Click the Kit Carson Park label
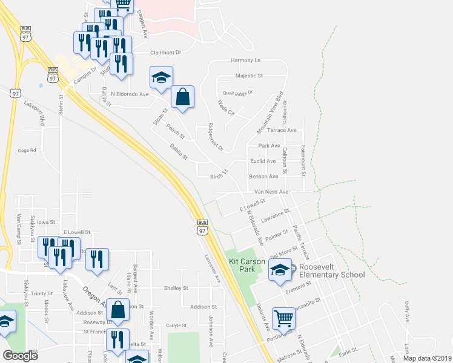[247, 265]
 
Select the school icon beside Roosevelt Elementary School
[280, 270]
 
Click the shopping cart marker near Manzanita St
[283, 318]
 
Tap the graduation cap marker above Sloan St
[162, 77]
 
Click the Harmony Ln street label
[245, 60]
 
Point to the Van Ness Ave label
[271, 192]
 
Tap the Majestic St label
[249, 76]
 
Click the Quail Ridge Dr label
[237, 92]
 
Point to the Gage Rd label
[27, 150]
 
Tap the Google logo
[20, 356]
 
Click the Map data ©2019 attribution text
[425, 358]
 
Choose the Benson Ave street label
[264, 177]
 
